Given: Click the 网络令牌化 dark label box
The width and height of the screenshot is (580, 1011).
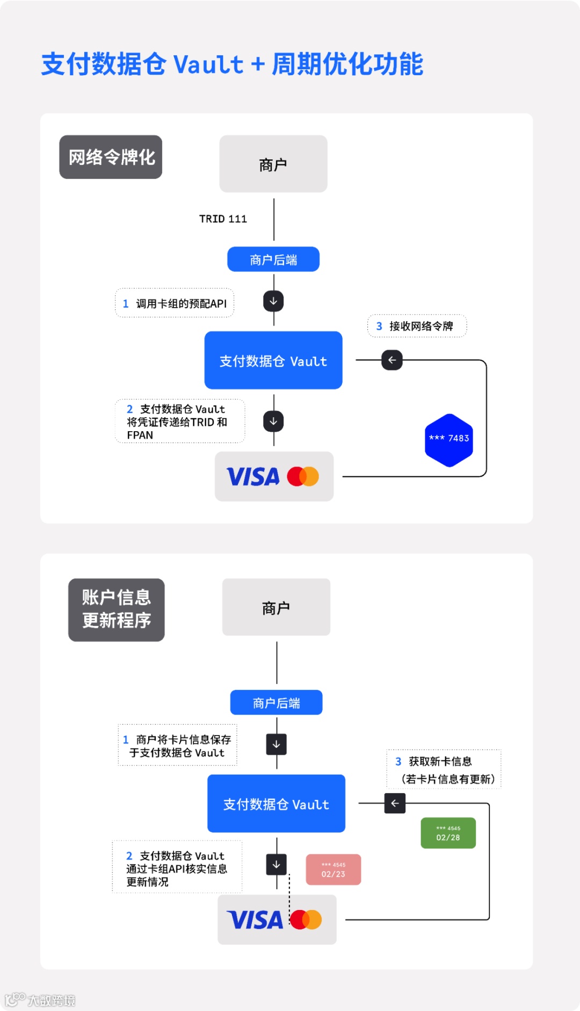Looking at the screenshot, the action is (111, 157).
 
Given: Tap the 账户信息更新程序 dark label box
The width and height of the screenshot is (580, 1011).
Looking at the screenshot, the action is (116, 609).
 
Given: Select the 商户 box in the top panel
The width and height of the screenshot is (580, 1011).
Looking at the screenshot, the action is (273, 164).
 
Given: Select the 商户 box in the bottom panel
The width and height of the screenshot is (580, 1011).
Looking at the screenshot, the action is (276, 607).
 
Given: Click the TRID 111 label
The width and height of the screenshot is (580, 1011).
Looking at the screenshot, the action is (223, 219).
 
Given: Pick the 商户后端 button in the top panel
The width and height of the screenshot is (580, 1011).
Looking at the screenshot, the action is (273, 259).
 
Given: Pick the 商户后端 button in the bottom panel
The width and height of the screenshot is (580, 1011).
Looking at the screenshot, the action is (276, 702).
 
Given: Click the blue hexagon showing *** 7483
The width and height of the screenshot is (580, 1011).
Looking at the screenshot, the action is (449, 440).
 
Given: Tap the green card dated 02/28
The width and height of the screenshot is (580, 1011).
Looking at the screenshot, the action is (448, 833).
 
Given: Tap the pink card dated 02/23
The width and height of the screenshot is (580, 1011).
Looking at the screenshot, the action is (333, 869).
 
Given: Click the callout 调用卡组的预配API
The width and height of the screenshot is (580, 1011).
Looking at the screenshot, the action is (175, 303).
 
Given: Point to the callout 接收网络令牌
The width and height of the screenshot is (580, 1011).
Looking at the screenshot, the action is (417, 326).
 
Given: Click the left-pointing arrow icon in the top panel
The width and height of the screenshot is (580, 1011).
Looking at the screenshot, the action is (392, 360).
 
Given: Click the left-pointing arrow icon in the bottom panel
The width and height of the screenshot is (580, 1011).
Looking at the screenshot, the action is (395, 803).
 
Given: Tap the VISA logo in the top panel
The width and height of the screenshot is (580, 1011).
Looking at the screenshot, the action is (253, 477).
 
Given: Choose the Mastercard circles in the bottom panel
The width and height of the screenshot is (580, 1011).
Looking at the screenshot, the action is (306, 919).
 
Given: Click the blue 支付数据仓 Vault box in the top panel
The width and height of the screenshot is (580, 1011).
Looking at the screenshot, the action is (273, 360).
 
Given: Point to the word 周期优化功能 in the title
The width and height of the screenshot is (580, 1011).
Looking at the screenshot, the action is (347, 64).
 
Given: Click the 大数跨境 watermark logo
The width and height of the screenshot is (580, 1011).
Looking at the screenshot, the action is (40, 1000).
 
